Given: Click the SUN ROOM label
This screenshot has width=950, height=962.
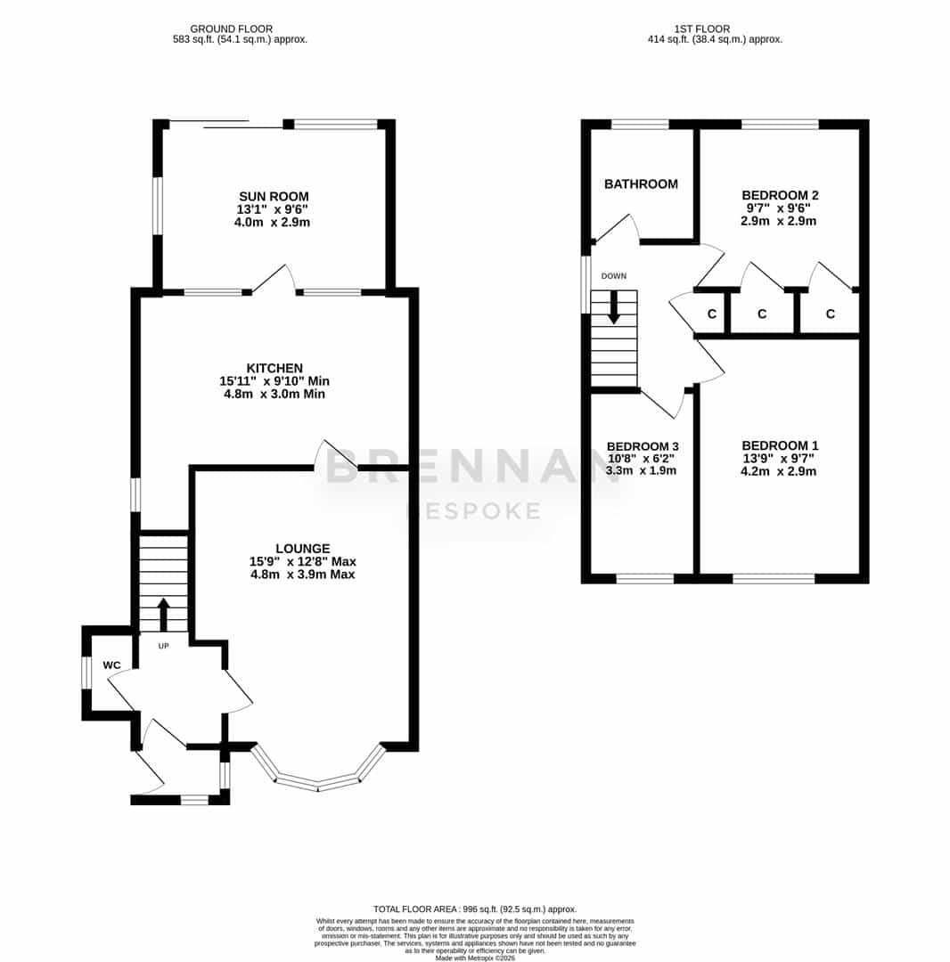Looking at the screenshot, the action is click(274, 196).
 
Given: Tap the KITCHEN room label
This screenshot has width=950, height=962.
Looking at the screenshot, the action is click(274, 368).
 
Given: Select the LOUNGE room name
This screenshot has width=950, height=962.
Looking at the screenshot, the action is click(302, 549).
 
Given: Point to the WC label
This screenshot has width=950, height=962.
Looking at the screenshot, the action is click(111, 665).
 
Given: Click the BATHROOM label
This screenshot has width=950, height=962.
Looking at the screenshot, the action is click(642, 184).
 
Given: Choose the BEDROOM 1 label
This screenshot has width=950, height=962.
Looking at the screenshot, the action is click(780, 445).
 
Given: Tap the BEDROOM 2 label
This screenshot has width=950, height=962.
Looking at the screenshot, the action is click(780, 195).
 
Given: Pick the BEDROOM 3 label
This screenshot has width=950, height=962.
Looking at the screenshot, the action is click(643, 446).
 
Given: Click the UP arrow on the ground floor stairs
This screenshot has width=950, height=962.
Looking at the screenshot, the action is click(163, 615).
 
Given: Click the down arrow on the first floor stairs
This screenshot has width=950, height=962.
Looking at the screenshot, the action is click(614, 307).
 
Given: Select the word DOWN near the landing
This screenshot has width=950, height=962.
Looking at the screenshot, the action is click(614, 276).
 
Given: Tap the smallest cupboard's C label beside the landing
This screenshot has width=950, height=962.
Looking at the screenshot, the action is click(712, 314).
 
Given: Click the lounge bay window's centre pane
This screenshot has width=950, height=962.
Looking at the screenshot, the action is click(318, 783).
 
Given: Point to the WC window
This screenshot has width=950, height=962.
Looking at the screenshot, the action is click(86, 673).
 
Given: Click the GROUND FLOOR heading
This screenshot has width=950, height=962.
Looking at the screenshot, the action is click(232, 29).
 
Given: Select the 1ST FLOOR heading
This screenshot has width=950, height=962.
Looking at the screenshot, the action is click(702, 29).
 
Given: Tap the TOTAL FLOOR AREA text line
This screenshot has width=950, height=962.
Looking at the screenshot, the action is click(475, 909).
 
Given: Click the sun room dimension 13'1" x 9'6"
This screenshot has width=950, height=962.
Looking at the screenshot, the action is click(273, 209).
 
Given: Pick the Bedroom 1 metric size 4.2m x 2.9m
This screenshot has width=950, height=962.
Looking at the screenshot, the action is click(779, 471).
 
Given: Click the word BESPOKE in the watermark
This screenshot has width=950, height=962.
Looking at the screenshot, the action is click(474, 510).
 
